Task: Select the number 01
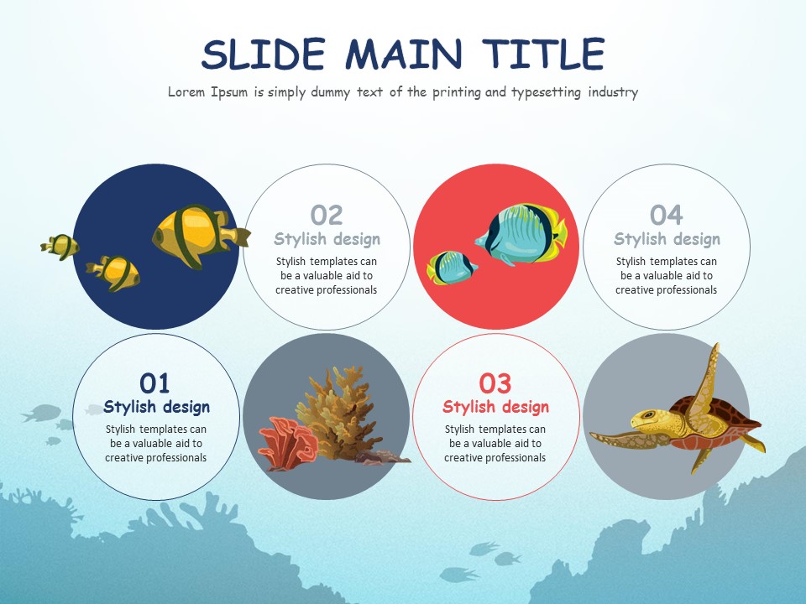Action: tap(154, 383)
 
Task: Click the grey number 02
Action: tap(327, 216)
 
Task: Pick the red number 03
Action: tap(495, 383)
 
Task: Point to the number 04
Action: tap(667, 216)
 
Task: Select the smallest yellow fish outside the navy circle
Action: tap(60, 246)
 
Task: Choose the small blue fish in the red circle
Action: tap(453, 267)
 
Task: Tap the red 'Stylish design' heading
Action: tap(495, 408)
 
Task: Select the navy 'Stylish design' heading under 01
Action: tap(156, 408)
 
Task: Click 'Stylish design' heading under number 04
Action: tap(667, 240)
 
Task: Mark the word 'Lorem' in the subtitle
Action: tap(187, 92)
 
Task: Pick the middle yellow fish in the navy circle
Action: tap(114, 271)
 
